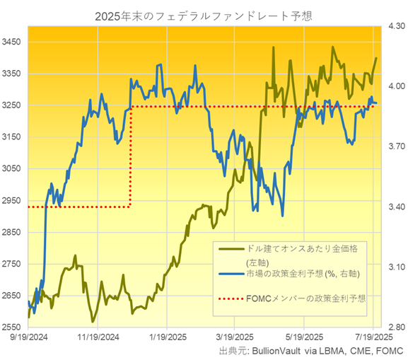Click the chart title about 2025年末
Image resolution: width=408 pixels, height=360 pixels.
tap(204, 14)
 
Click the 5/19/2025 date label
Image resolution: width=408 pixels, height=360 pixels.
tap(305, 338)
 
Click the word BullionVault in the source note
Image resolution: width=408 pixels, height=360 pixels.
tap(271, 351)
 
